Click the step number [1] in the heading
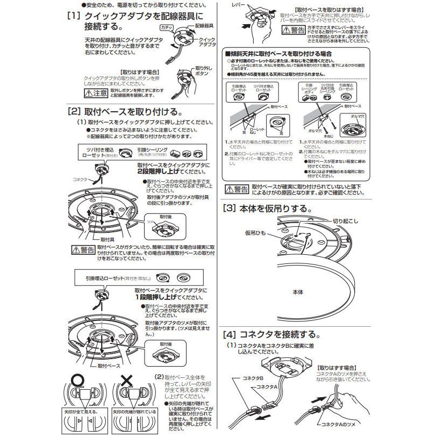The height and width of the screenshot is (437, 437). pos(73,17)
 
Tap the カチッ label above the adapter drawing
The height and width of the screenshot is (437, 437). pos(166,27)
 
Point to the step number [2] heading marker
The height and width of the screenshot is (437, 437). pos(73,112)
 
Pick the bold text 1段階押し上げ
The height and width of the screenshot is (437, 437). pos(157,297)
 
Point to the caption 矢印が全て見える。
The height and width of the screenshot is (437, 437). pos(82,412)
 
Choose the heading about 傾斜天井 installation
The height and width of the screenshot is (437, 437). pos(280,54)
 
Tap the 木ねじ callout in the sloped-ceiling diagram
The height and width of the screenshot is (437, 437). pos(329,136)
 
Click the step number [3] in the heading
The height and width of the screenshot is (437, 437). pos(230,208)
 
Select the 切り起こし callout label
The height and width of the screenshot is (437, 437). pos(344,220)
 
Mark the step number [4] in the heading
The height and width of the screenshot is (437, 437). pos(230,334)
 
